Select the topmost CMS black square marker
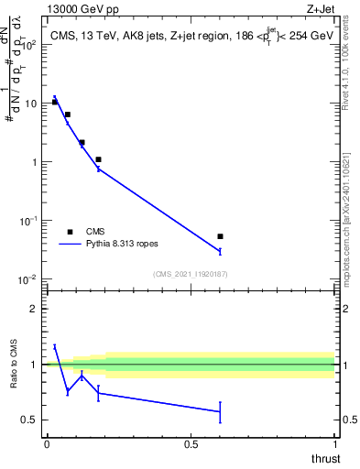coord(55,102)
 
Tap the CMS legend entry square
coord(70,232)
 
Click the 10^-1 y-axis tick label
coord(27,221)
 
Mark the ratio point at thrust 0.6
coord(220,411)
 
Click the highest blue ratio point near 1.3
coord(55,346)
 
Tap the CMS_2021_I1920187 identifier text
coord(190,273)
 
